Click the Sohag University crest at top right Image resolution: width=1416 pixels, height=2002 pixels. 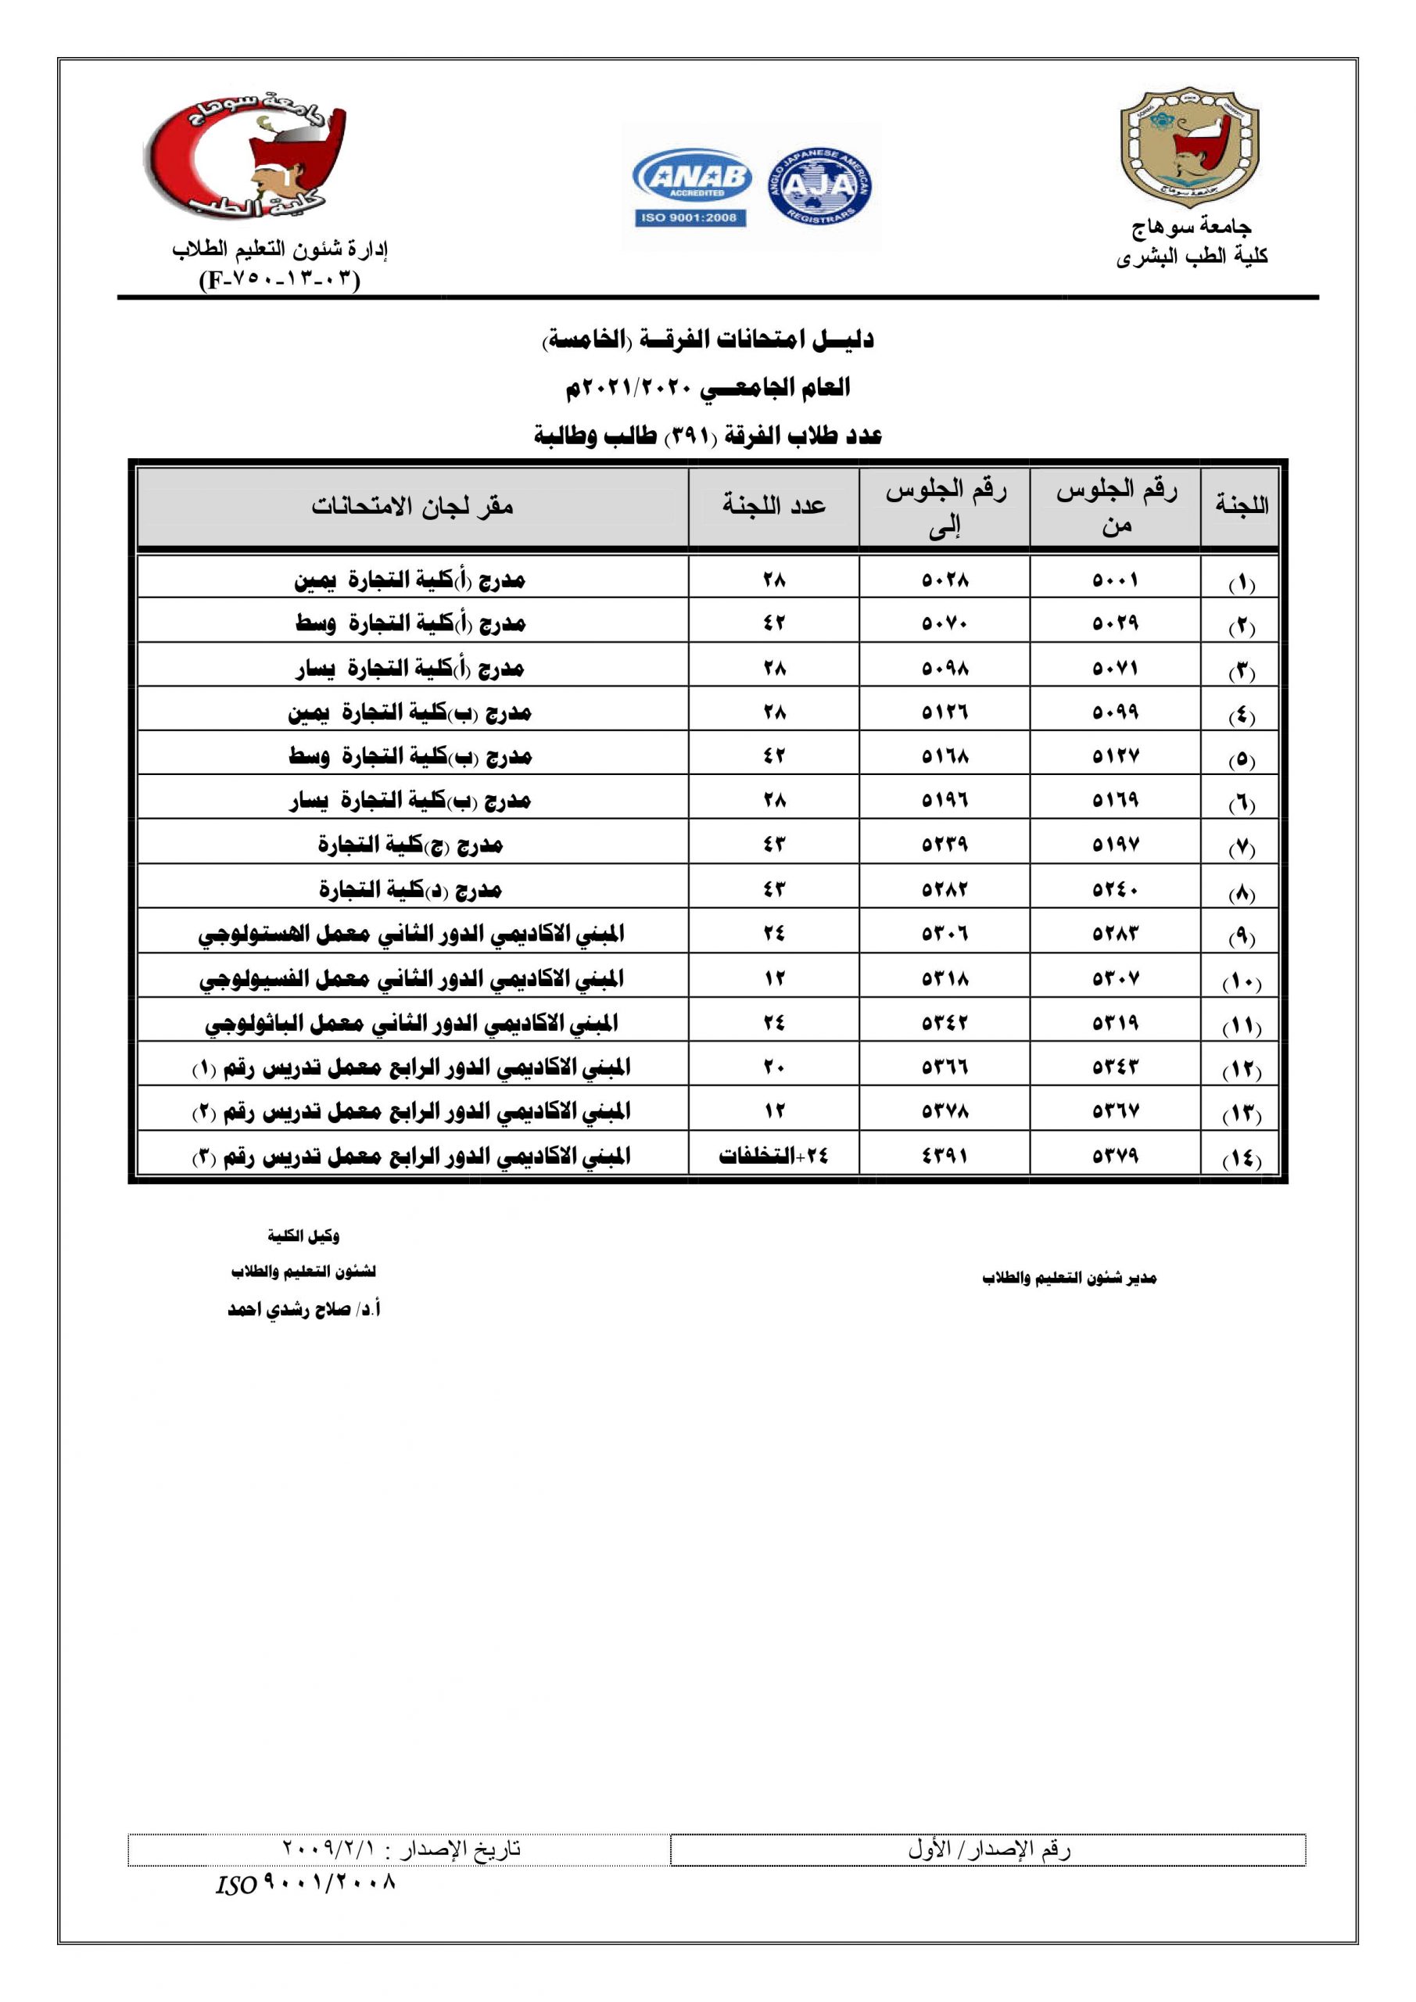(1188, 146)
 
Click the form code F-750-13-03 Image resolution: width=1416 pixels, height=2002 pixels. (279, 280)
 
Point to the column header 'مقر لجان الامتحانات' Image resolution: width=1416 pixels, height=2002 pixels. (412, 506)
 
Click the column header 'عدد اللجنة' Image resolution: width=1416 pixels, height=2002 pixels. (773, 506)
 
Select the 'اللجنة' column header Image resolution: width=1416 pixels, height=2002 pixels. (1241, 506)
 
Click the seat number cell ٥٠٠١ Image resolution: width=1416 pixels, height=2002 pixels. (1115, 579)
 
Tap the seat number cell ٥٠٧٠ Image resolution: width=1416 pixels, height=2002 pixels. (945, 623)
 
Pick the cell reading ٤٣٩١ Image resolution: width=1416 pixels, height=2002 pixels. (945, 1156)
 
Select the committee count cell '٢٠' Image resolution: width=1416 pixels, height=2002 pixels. (773, 1067)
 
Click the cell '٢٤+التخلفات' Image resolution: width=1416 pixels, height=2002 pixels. (773, 1156)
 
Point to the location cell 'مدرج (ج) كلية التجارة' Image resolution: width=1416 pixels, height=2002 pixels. (410, 844)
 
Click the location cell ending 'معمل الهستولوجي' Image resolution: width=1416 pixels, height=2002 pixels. (410, 934)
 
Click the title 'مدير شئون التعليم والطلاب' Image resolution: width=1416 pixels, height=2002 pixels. (1069, 1279)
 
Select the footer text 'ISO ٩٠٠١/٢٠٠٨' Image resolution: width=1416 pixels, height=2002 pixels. (305, 1885)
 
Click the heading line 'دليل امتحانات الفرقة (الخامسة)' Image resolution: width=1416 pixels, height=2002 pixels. (708, 340)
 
